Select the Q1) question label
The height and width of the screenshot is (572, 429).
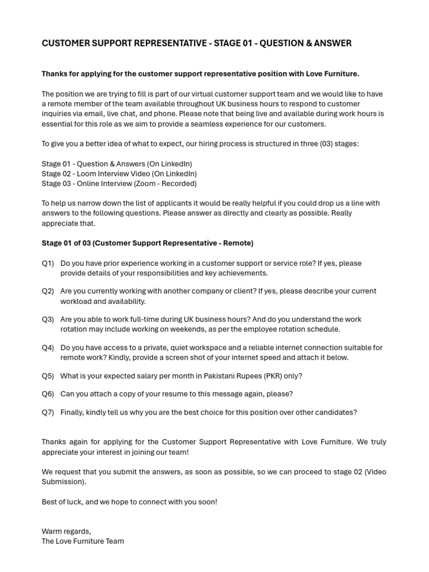point(47,263)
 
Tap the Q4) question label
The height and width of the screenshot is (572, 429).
point(47,347)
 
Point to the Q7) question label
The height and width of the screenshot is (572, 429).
point(47,412)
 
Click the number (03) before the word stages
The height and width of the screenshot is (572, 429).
point(321,144)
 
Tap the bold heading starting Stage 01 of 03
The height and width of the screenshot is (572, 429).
point(147,243)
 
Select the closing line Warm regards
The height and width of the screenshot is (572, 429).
point(66,531)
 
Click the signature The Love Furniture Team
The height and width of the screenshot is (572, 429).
point(83,541)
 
